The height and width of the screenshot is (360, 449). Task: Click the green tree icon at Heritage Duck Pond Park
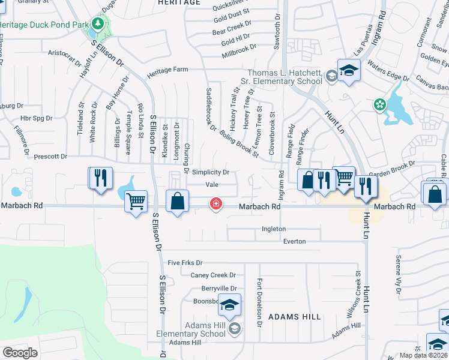(x=98, y=25)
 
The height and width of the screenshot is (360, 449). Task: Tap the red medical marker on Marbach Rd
(x=215, y=205)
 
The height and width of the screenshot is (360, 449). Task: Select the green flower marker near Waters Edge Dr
(x=379, y=105)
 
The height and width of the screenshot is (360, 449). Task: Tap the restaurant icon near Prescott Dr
(x=100, y=178)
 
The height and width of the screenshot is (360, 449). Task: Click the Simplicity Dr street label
(x=211, y=172)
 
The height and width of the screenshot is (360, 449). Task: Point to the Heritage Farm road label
(x=173, y=70)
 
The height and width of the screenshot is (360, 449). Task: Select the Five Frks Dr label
(x=185, y=263)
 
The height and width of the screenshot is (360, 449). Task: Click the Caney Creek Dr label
(x=213, y=275)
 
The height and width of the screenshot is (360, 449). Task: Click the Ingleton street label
(x=274, y=229)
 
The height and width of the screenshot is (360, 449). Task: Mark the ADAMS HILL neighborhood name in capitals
(x=295, y=316)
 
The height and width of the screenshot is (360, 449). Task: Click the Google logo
(x=20, y=352)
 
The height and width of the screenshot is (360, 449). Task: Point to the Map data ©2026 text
(x=423, y=355)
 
